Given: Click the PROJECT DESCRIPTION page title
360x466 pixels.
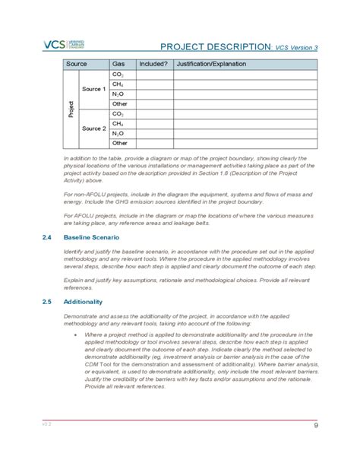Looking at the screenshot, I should point(215,46).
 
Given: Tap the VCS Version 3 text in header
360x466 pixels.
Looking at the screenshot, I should point(296,48).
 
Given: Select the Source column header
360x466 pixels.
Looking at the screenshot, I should point(77,65).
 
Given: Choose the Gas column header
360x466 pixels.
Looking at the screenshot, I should point(118,65).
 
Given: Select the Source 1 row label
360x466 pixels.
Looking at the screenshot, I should point(93,90).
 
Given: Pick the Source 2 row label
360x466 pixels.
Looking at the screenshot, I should point(93,128).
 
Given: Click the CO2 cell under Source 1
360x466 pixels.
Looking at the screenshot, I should point(118,75).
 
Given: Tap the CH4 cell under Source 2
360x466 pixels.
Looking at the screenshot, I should point(118,123).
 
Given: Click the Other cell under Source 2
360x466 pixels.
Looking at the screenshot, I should point(119,142).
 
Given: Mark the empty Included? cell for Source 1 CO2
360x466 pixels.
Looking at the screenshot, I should point(154,75).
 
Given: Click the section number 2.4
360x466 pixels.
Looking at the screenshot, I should point(47,237).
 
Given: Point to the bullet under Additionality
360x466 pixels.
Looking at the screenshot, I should point(74,334).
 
